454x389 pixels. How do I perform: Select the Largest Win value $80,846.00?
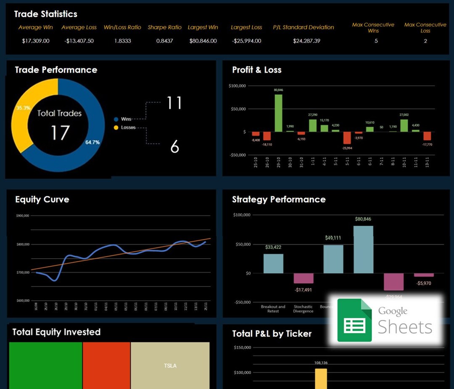pyautogui.click(x=203, y=41)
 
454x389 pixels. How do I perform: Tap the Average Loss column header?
pyautogui.click(x=79, y=27)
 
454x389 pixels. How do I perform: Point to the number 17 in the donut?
pyautogui.click(x=60, y=132)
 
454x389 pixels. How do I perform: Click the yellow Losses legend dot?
pyautogui.click(x=116, y=127)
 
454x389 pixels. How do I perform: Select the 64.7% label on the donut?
pyautogui.click(x=92, y=142)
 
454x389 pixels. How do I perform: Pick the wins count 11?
pyautogui.click(x=174, y=103)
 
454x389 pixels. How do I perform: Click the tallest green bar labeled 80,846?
pyautogui.click(x=278, y=113)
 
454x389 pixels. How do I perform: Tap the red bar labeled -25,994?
pyautogui.click(x=347, y=138)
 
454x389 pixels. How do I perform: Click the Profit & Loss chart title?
pyautogui.click(x=257, y=70)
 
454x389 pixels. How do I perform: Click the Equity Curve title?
pyautogui.click(x=42, y=199)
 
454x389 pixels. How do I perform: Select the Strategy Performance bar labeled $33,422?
pyautogui.click(x=273, y=264)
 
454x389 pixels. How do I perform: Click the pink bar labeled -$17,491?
pyautogui.click(x=303, y=278)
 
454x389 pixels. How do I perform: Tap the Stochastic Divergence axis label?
pyautogui.click(x=303, y=309)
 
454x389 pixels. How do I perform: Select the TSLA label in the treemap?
pyautogui.click(x=170, y=366)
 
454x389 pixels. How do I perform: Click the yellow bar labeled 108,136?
pyautogui.click(x=321, y=378)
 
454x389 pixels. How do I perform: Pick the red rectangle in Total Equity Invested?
pyautogui.click(x=106, y=365)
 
